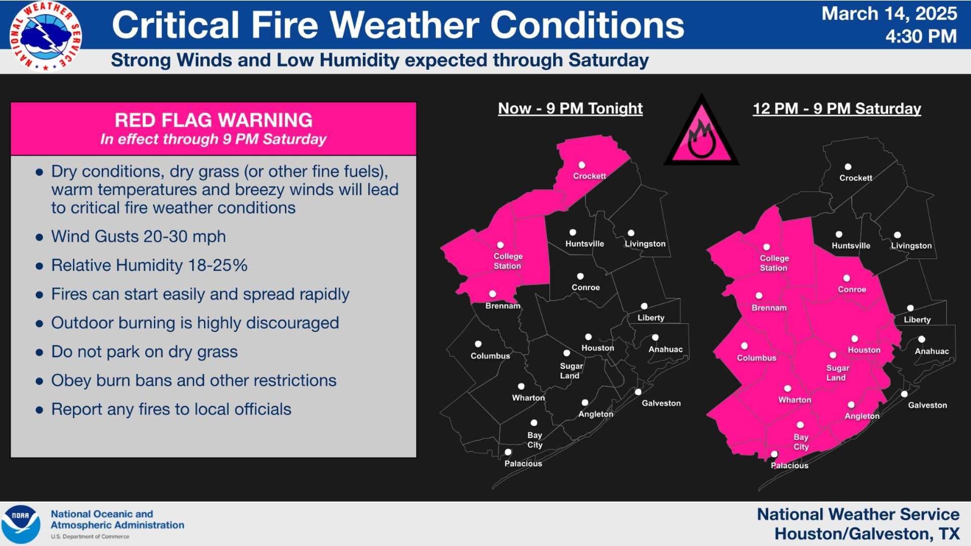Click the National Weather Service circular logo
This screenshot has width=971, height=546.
click(x=46, y=36)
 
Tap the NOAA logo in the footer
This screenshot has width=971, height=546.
click(x=20, y=524)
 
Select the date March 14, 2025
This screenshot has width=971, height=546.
click(x=889, y=14)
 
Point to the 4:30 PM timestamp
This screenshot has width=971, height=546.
click(x=921, y=36)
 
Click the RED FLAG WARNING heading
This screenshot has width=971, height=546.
click(x=213, y=120)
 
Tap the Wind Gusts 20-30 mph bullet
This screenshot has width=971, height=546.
click(x=138, y=237)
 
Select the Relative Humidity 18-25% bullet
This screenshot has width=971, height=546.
click(x=149, y=265)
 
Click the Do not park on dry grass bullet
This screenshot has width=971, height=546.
click(x=144, y=352)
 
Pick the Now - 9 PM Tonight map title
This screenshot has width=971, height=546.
click(x=570, y=108)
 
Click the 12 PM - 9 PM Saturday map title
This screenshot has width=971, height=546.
click(x=836, y=109)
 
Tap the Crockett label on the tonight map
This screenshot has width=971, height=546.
click(x=589, y=176)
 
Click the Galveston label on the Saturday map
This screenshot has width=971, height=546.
click(x=927, y=405)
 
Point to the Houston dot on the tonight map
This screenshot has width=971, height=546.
click(x=588, y=337)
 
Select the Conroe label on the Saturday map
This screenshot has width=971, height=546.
click(x=852, y=289)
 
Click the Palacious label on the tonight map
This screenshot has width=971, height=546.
click(x=523, y=464)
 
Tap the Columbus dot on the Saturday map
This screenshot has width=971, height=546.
click(x=744, y=346)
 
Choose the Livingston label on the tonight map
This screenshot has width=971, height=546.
click(x=645, y=244)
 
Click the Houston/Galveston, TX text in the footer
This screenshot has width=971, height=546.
click(x=867, y=534)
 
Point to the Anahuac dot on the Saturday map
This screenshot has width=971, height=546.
click(x=921, y=339)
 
